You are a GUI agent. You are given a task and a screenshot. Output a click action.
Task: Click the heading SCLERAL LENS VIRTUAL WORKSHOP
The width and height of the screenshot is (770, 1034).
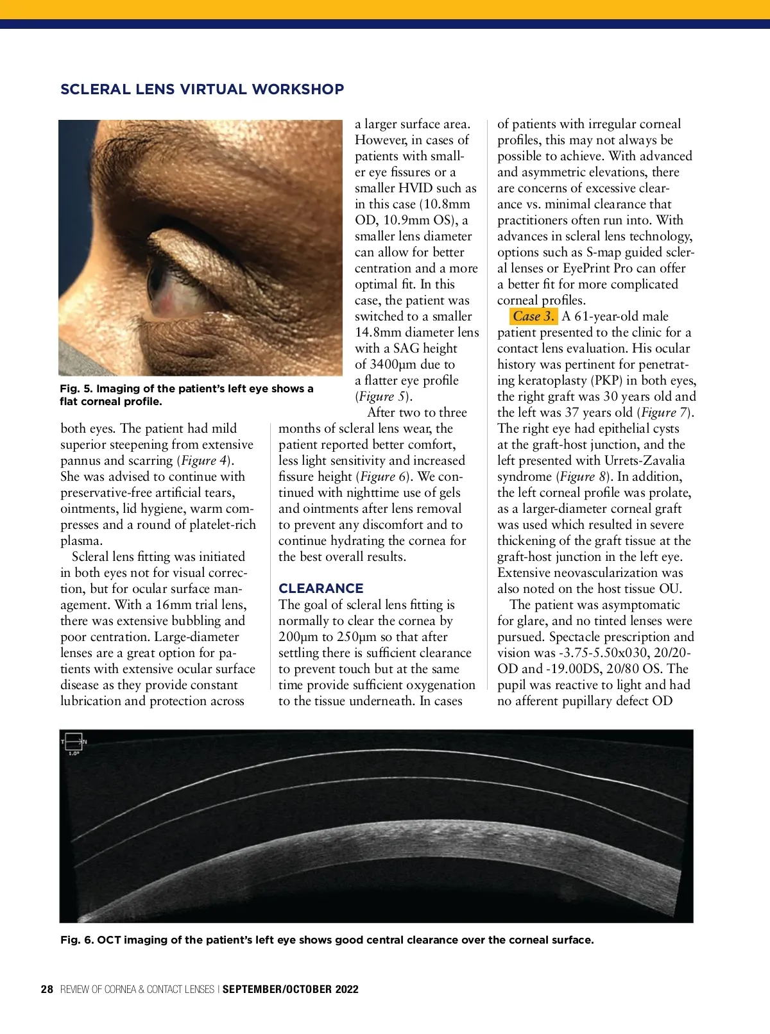click(202, 89)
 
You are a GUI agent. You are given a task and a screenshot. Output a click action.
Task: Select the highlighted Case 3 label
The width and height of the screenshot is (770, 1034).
click(533, 316)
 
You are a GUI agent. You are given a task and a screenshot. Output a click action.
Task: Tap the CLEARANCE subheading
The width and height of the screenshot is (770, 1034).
click(321, 588)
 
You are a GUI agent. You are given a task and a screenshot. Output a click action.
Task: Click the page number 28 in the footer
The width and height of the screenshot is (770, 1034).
click(47, 989)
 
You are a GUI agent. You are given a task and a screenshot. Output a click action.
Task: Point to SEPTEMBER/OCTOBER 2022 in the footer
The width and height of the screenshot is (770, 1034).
click(290, 989)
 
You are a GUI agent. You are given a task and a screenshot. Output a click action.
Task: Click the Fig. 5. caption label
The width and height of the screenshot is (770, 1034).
click(76, 388)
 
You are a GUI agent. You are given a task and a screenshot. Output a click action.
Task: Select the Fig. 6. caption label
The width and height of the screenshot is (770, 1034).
click(76, 940)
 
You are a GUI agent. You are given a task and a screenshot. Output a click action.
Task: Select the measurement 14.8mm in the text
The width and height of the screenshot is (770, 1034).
click(378, 332)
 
